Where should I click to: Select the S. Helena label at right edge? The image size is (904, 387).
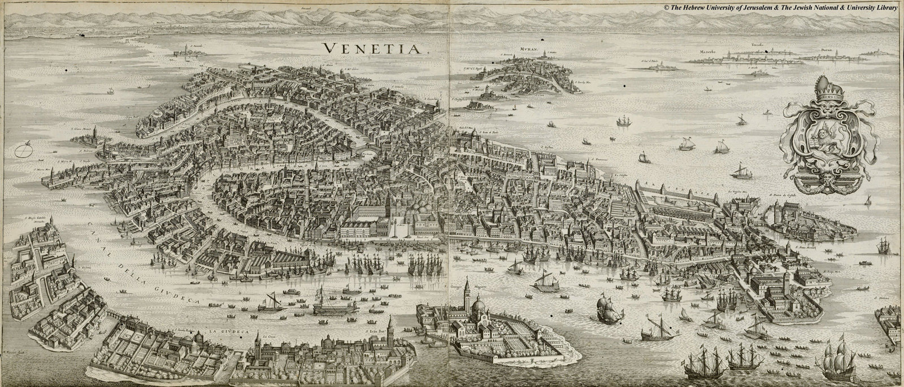(882, 298)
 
